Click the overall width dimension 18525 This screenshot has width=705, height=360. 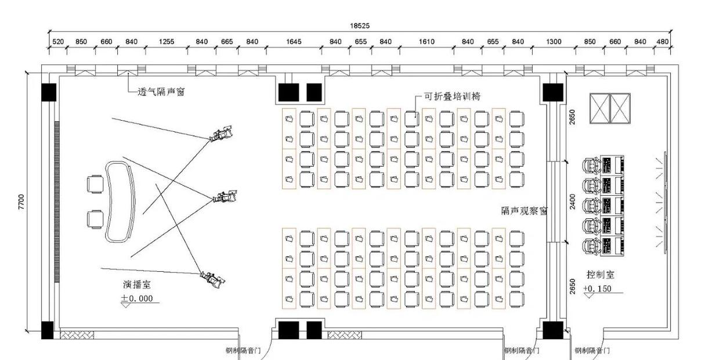[359, 26]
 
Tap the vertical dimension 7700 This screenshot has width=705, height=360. [21, 201]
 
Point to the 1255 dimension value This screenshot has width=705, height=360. [167, 42]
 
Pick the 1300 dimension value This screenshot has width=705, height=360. [554, 42]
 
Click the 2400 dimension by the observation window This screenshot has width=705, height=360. [572, 201]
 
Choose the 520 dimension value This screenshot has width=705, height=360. [58, 42]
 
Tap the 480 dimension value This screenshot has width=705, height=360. [662, 42]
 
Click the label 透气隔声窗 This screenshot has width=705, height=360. [161, 92]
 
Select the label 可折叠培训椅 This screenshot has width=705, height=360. [453, 96]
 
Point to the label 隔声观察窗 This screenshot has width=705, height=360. [525, 211]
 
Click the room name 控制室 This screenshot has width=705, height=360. [601, 274]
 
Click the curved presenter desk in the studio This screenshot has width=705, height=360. [118, 201]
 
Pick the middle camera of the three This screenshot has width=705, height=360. [225, 197]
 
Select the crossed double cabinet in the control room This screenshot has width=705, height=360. [609, 108]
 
